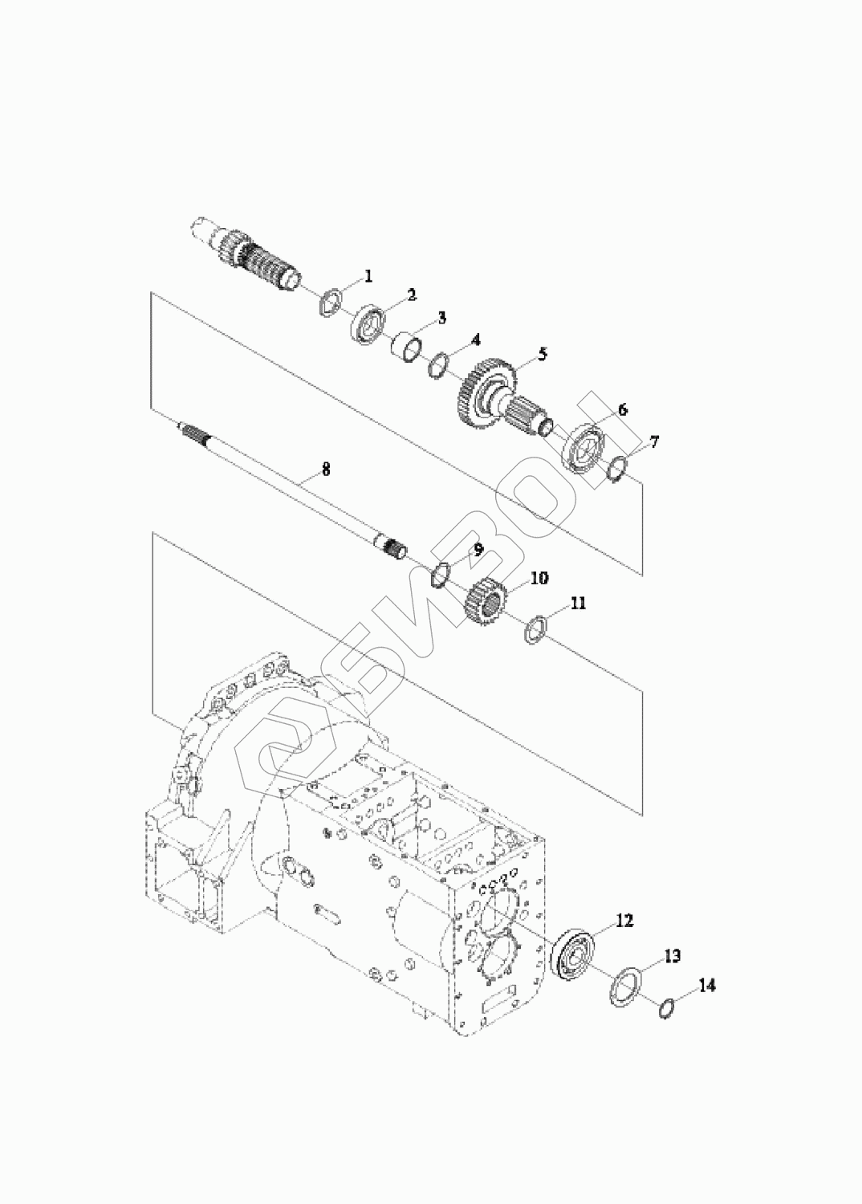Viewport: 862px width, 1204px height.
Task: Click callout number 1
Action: [368, 276]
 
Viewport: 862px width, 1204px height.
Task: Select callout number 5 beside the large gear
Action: [543, 354]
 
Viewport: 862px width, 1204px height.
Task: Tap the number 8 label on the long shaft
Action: [326, 470]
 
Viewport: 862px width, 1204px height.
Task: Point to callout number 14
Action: [707, 985]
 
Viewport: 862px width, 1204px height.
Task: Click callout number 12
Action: [624, 921]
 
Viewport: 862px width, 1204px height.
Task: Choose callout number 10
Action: [539, 578]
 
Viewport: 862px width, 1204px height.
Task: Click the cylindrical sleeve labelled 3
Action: [406, 349]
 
